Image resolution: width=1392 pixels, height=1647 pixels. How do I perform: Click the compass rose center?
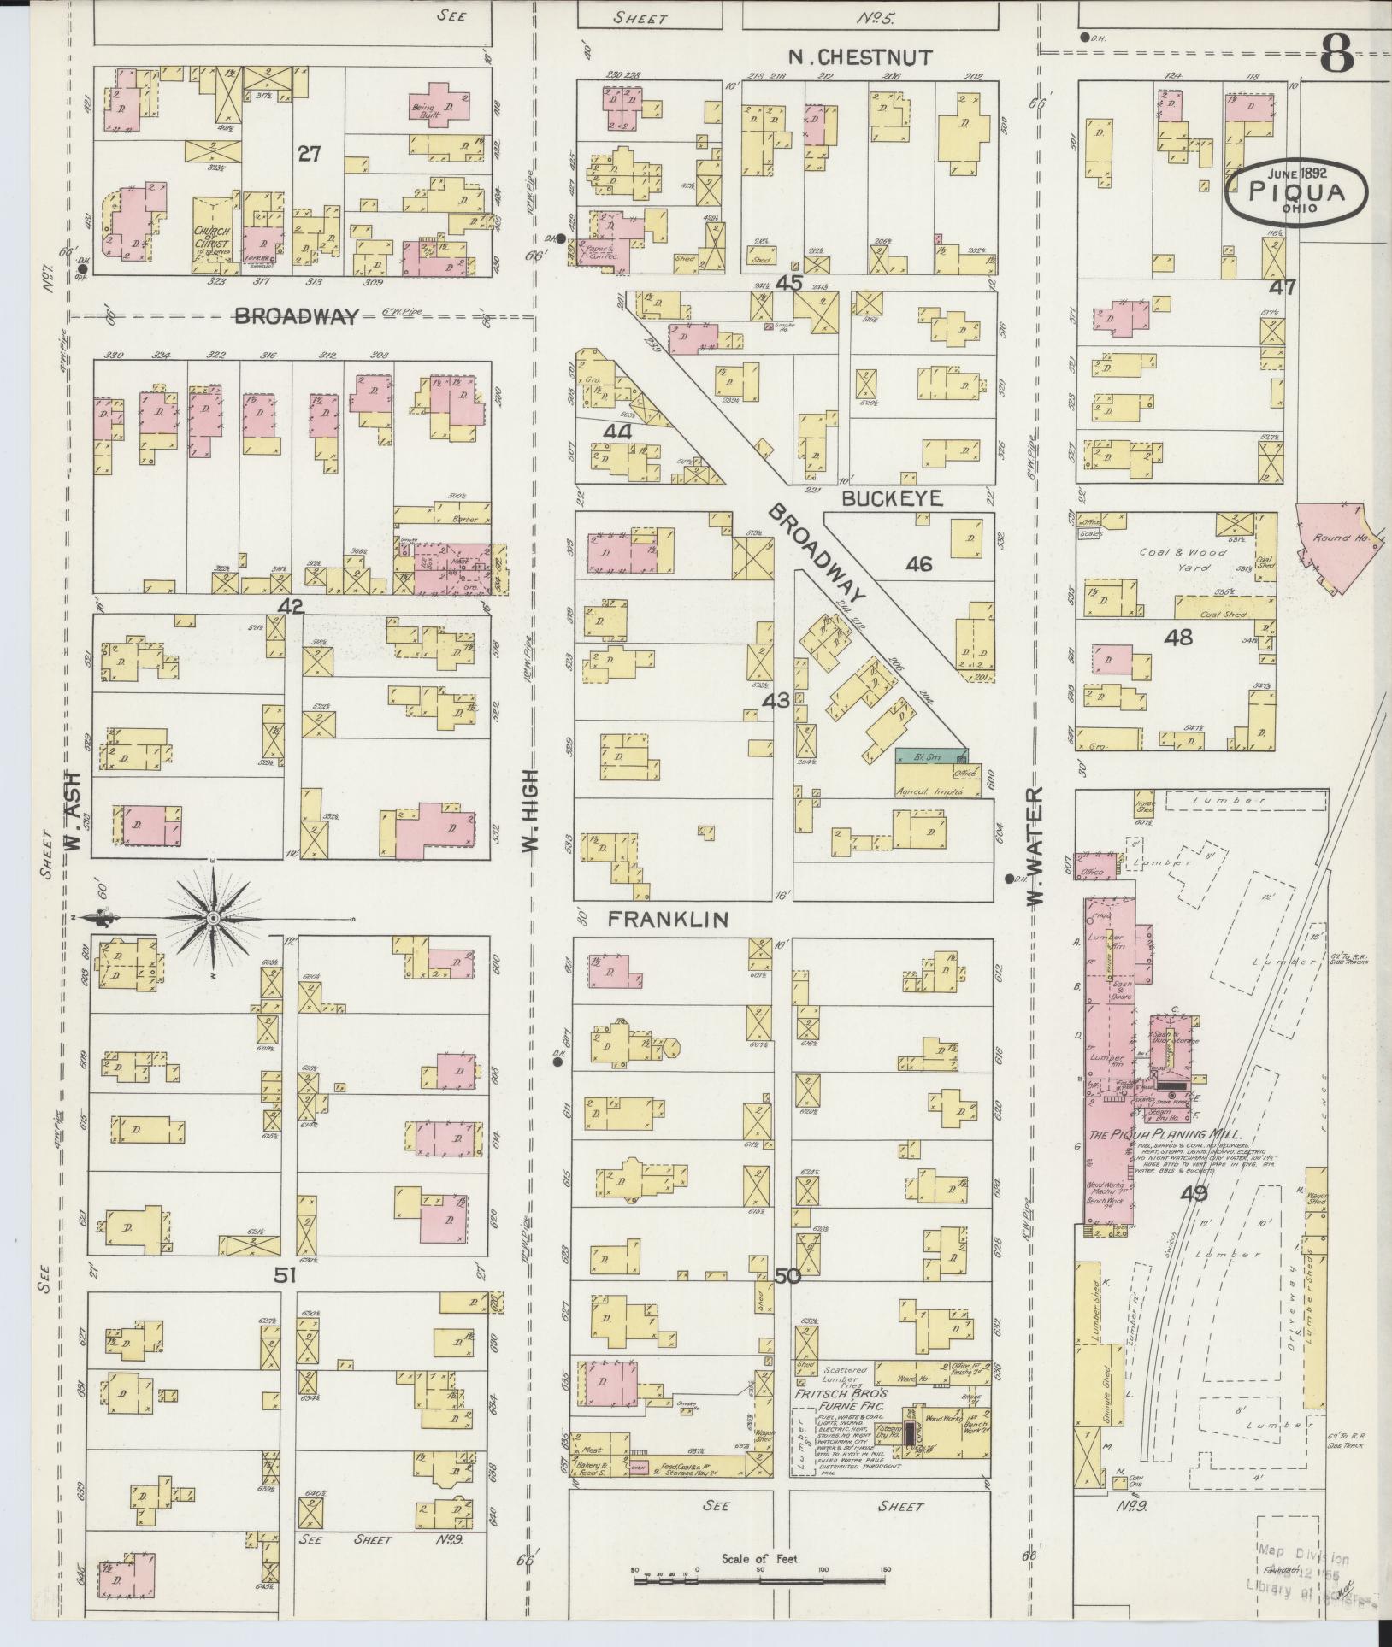[212, 918]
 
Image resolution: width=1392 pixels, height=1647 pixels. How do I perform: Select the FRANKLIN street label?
[668, 920]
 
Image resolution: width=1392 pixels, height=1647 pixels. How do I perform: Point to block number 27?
[309, 154]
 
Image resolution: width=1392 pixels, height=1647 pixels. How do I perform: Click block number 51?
[285, 1299]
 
